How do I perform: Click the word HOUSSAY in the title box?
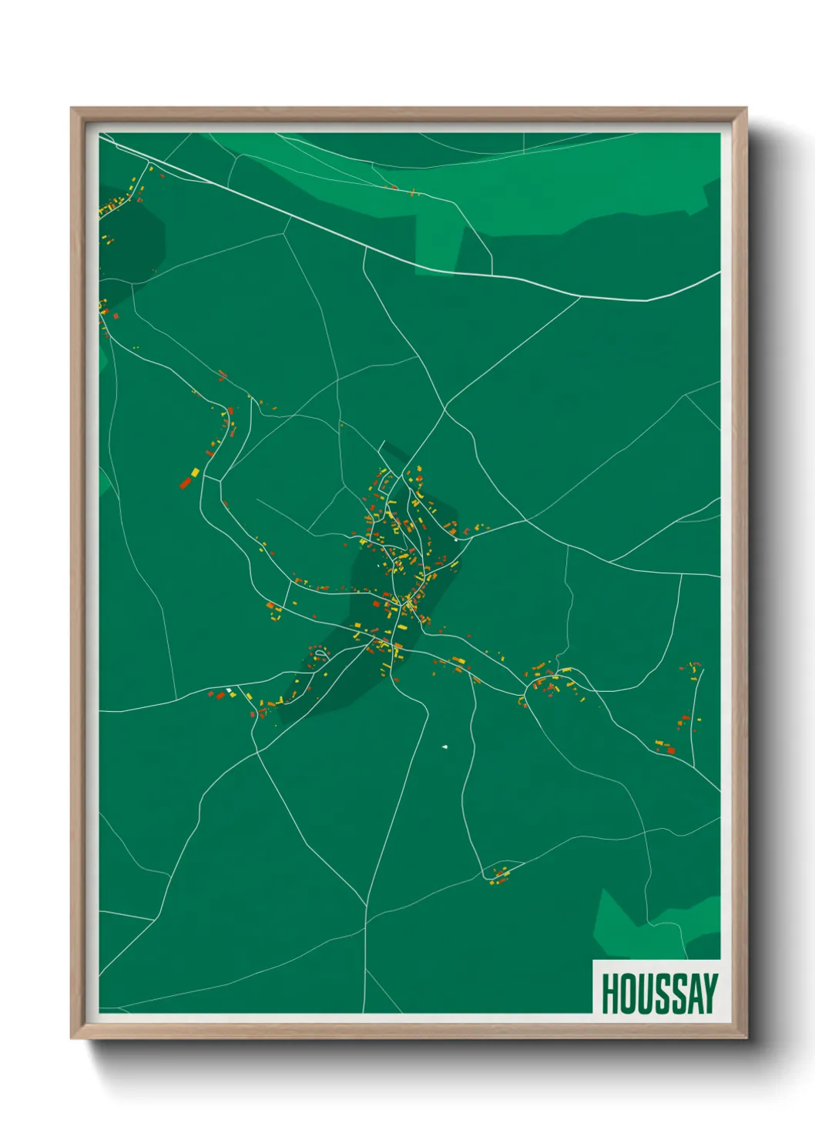click(659, 994)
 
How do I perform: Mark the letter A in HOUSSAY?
click(693, 994)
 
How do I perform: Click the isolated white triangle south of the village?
click(444, 746)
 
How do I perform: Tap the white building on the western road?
click(229, 690)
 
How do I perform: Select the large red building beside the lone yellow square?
click(185, 483)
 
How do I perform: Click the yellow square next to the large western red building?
click(195, 472)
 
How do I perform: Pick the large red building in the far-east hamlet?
click(670, 750)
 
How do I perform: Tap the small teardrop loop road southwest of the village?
click(320, 653)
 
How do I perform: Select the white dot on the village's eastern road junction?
click(456, 539)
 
